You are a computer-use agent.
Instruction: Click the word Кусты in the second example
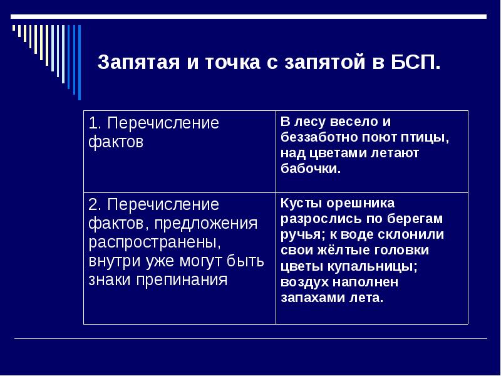299,203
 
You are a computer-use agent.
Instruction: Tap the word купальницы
373,266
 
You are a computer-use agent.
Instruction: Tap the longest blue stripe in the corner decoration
79,62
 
